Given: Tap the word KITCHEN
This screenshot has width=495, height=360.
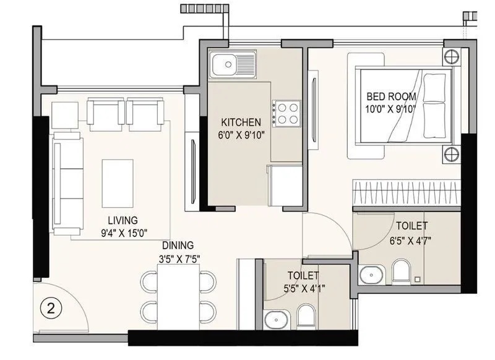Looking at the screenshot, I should pyautogui.click(x=241, y=122).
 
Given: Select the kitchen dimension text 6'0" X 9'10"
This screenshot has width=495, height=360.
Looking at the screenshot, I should pyautogui.click(x=241, y=135).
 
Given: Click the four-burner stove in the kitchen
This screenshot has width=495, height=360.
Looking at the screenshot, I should pyautogui.click(x=287, y=113).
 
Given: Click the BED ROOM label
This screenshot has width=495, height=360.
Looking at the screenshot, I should pyautogui.click(x=391, y=96).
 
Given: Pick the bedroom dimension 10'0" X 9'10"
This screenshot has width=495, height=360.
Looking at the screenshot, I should pyautogui.click(x=391, y=109).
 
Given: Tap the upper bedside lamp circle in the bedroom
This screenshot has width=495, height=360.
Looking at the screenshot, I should pyautogui.click(x=451, y=58).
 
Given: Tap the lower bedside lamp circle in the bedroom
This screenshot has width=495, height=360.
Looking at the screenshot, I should pyautogui.click(x=451, y=153).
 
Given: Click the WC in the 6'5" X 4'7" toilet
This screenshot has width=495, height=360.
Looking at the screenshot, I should pyautogui.click(x=401, y=271).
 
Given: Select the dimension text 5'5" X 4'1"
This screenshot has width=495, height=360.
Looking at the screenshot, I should pyautogui.click(x=303, y=288).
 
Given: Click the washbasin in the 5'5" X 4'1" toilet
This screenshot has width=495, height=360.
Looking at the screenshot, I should pyautogui.click(x=274, y=320).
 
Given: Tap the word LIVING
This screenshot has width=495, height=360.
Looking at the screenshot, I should pyautogui.click(x=123, y=220).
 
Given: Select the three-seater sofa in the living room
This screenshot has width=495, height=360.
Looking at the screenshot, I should pyautogui.click(x=67, y=186).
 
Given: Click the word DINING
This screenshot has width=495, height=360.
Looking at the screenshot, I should pyautogui.click(x=178, y=245).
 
